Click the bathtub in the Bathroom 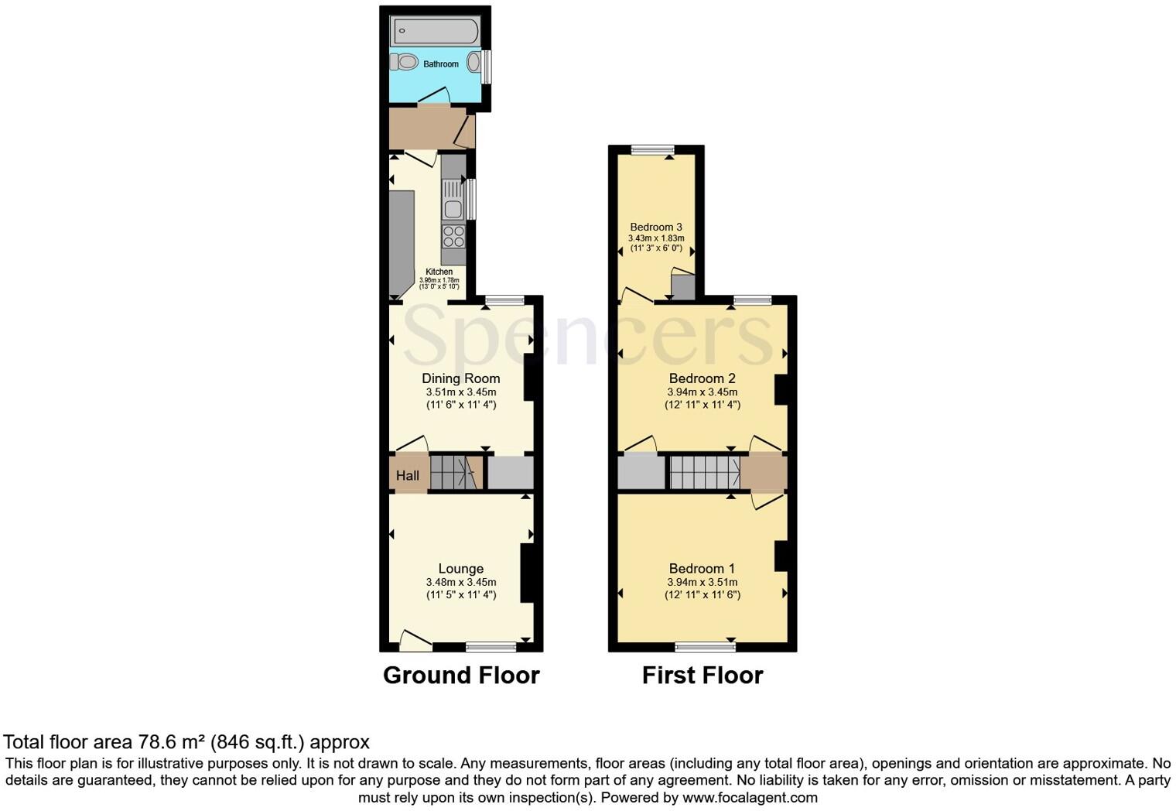coord(435,32)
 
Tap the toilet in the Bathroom coord(405,62)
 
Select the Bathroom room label coord(440,64)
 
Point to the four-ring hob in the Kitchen coord(453,236)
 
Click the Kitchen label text coord(439,272)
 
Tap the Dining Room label coord(460,378)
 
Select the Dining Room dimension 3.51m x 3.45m coord(460,392)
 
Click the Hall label coord(408,475)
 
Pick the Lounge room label coord(460,569)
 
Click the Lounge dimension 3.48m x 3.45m coord(460,583)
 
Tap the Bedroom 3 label coord(655,228)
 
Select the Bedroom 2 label coord(702,378)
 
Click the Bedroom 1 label coord(702,569)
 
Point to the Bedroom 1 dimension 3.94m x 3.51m coord(702,583)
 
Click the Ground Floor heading coord(461,676)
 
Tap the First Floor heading coord(703,676)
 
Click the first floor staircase coord(704,473)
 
